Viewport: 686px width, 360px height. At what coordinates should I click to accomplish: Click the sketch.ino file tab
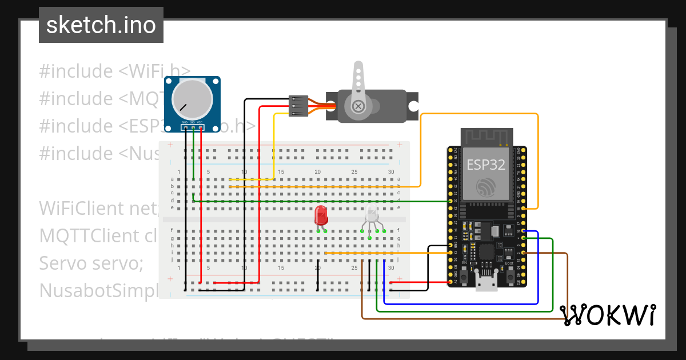click(x=101, y=26)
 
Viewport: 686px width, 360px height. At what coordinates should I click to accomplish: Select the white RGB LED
click(x=372, y=216)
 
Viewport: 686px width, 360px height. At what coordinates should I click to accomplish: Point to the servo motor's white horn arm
click(x=358, y=77)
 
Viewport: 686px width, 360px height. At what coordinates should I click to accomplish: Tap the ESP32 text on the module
click(x=486, y=165)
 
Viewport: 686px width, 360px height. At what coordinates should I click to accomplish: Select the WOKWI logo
click(x=608, y=315)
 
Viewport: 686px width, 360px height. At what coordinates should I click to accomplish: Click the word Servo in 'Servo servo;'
click(x=61, y=263)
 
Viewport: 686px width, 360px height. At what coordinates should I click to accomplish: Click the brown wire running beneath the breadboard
click(x=457, y=318)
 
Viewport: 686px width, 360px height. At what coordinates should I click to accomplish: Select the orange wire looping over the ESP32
click(x=480, y=114)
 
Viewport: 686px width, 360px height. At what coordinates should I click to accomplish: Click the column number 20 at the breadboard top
click(x=318, y=172)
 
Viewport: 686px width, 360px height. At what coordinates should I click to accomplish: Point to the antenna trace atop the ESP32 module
click(x=486, y=137)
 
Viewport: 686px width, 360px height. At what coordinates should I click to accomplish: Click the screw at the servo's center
click(x=358, y=106)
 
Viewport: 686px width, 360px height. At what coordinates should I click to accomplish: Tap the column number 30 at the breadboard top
click(x=391, y=172)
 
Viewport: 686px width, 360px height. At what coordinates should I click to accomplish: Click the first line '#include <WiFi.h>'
click(x=114, y=71)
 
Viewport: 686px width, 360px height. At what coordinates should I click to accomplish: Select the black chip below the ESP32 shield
click(x=486, y=252)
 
